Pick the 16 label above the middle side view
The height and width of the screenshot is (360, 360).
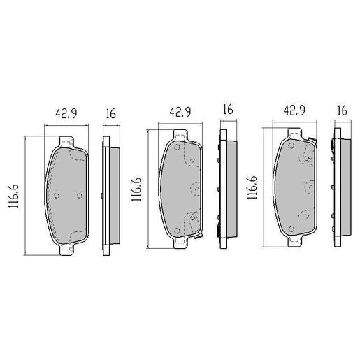(227, 110)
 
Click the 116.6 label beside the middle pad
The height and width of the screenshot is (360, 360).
(138, 189)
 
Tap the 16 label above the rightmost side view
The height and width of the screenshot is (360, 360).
(342, 110)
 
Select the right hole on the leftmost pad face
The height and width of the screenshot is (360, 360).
(79, 196)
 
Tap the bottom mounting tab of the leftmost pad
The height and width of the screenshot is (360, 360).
(67, 247)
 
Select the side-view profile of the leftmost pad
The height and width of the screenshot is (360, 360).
(110, 194)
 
